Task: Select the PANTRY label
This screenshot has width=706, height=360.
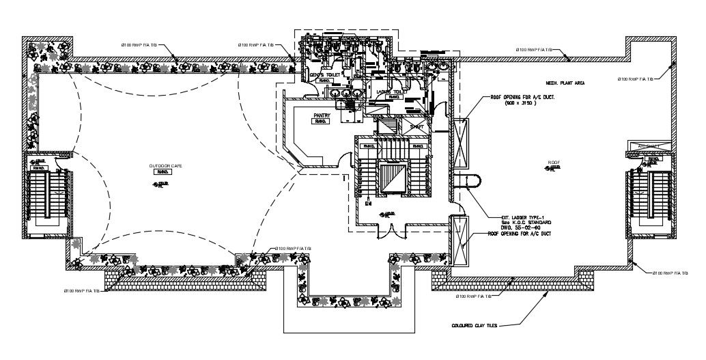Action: pos(322,116)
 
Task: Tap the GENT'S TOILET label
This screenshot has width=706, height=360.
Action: pos(327,74)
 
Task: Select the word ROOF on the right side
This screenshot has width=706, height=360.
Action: pos(554,163)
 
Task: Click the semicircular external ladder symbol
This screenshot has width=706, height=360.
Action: pos(471,182)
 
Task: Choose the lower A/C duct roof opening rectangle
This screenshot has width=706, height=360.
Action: pos(459,240)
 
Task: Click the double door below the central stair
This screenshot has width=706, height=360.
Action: pos(390,232)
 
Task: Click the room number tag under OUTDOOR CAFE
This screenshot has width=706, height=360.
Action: pos(163,173)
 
